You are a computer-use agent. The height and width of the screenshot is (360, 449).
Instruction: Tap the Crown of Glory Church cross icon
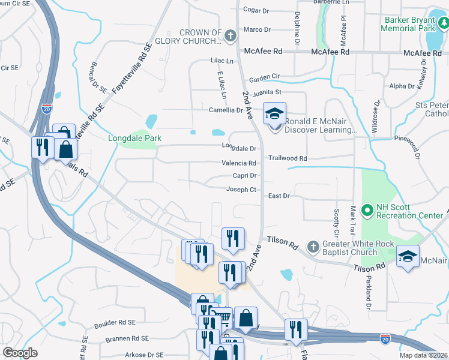229,37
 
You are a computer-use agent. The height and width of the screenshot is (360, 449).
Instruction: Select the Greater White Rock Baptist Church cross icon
312,247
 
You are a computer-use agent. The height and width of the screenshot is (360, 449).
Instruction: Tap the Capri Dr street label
245,176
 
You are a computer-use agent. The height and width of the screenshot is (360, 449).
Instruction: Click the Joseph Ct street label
241,190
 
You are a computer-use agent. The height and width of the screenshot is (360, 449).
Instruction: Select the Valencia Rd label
240,163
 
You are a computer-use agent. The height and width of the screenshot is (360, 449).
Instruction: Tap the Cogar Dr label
256,10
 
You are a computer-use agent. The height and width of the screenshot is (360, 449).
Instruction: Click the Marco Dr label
257,29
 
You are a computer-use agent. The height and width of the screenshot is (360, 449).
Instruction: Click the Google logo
20,353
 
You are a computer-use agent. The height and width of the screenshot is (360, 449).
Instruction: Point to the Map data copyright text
423,355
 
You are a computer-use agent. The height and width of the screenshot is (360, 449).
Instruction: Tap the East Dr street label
279,196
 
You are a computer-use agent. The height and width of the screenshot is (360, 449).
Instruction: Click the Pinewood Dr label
409,139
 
